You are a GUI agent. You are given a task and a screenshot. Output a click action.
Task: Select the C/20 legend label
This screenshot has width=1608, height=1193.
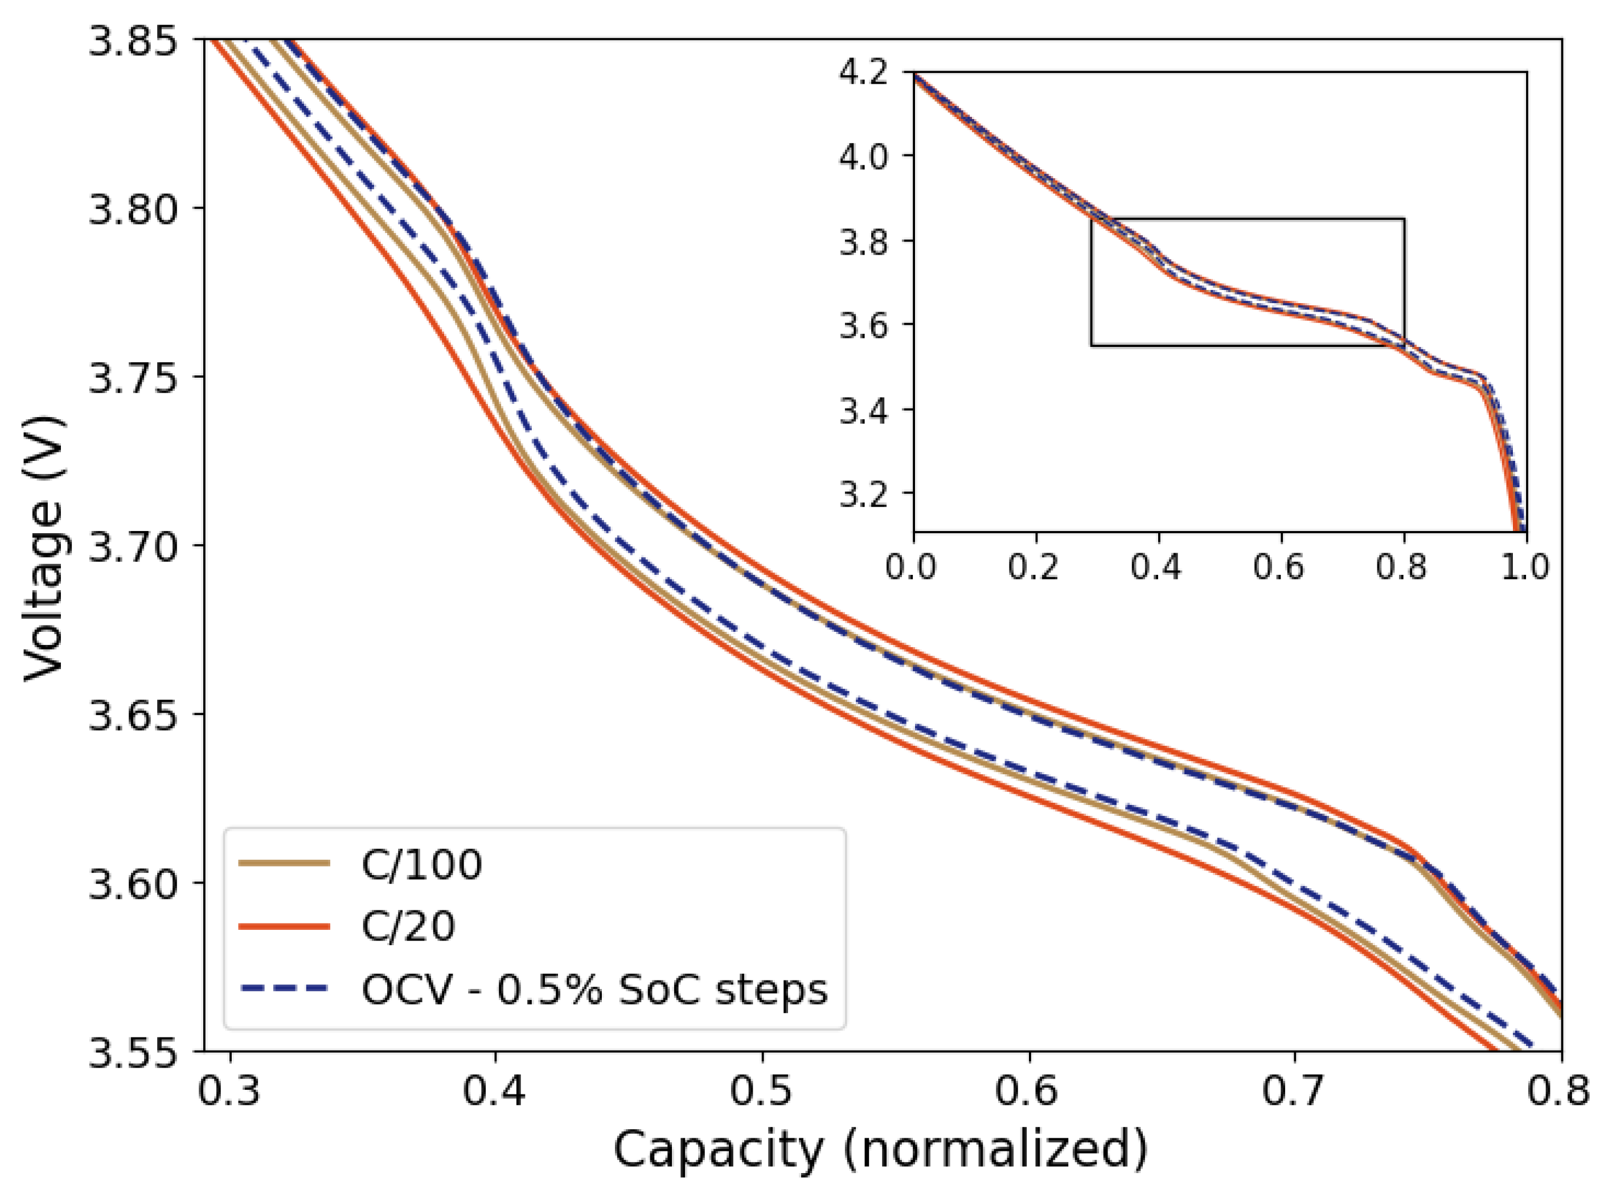pos(408,926)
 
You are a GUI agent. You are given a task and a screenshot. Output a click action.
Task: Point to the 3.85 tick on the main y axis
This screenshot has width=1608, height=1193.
pos(133,40)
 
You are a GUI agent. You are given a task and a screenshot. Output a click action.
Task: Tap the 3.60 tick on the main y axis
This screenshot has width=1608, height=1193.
pos(133,883)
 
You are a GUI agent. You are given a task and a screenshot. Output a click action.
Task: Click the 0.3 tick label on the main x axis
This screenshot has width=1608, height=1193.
pos(229,1090)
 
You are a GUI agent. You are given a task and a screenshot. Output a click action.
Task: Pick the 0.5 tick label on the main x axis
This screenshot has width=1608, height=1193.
pos(762,1090)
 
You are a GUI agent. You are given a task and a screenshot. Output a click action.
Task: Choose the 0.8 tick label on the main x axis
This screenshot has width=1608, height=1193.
pos(1559,1090)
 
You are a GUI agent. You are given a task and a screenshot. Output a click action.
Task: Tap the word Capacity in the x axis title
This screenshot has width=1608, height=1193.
pos(717,1150)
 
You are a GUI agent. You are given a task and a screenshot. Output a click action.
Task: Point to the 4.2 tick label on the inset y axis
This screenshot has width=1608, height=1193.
pos(863,72)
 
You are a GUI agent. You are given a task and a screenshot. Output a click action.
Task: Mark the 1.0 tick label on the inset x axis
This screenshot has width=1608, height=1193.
pos(1525,567)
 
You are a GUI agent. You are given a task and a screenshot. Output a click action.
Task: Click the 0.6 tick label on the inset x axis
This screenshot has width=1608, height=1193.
pos(1279,567)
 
